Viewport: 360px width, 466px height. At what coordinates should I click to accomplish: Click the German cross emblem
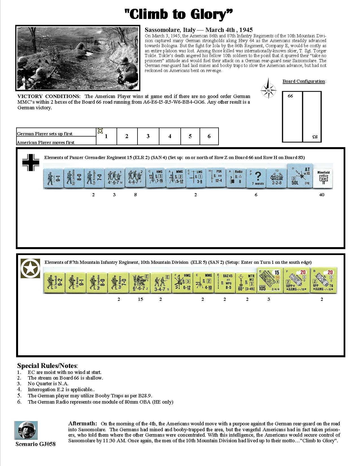pyautogui.click(x=30, y=162)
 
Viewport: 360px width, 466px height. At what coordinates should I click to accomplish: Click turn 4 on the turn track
pyautogui.click(x=170, y=136)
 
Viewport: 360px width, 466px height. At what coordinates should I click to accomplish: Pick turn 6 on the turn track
pyautogui.click(x=209, y=136)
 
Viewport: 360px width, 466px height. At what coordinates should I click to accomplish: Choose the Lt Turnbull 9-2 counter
pyautogui.click(x=54, y=282)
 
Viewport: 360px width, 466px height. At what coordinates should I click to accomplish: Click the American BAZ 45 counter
pyautogui.click(x=224, y=282)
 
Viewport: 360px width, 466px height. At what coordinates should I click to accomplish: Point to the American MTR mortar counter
pyautogui.click(x=246, y=282)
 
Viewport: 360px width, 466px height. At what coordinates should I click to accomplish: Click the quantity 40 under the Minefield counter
pyautogui.click(x=322, y=195)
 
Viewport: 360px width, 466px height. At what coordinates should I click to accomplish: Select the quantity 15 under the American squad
pyautogui.click(x=140, y=299)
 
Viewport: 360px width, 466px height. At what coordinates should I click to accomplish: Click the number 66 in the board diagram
pyautogui.click(x=290, y=96)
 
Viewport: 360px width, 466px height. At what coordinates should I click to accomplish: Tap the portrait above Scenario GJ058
pyautogui.click(x=26, y=430)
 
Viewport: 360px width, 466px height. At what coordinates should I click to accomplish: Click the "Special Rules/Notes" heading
pyautogui.click(x=47, y=366)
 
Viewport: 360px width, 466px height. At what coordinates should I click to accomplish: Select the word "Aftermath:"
pyautogui.click(x=82, y=423)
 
